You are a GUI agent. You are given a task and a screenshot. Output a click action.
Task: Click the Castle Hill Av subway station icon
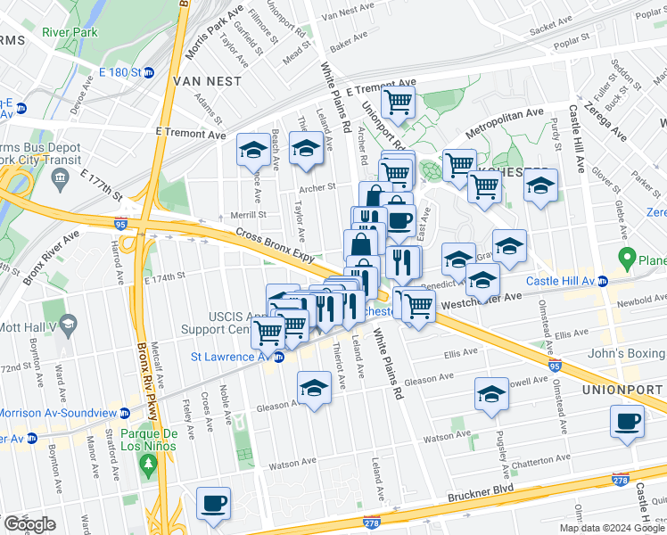(x=603, y=281)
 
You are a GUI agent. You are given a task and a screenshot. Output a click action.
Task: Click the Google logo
(x=29, y=524)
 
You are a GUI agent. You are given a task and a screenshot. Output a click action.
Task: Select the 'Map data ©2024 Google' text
(x=611, y=528)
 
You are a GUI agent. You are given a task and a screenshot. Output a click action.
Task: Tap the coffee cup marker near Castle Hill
(x=628, y=421)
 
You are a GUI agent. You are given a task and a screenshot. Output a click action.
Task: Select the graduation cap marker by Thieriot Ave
(x=314, y=389)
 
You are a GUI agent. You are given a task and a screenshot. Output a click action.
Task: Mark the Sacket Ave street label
(x=555, y=29)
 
